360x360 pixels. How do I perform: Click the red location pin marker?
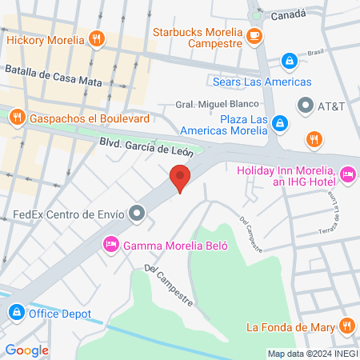click(180, 177)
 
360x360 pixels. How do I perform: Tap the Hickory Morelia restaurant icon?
click(96, 38)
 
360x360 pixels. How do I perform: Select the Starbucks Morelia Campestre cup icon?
click(254, 34)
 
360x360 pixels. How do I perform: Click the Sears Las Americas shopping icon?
click(289, 61)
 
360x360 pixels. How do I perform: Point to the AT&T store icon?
click(305, 105)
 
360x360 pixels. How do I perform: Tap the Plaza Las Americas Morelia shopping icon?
click(280, 122)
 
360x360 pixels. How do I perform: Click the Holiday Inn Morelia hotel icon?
click(347, 173)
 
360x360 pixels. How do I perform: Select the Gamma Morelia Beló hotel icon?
click(113, 244)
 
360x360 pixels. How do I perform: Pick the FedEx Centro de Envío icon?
click(138, 214)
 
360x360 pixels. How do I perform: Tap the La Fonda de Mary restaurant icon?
click(346, 326)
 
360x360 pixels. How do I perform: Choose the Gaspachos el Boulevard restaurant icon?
click(16, 118)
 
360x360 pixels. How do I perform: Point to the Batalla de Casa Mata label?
click(54, 74)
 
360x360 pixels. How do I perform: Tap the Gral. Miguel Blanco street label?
click(217, 104)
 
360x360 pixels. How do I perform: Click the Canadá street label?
click(288, 14)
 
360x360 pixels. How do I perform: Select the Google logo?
click(26, 350)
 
